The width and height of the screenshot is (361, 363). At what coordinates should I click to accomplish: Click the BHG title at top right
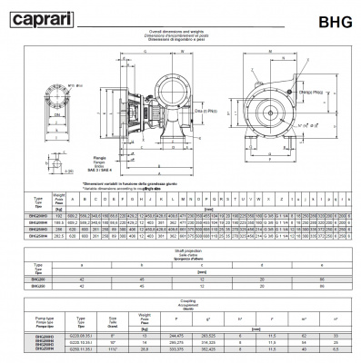[x=330, y=15]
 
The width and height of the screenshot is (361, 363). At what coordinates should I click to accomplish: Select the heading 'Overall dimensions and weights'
[x=180, y=30]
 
